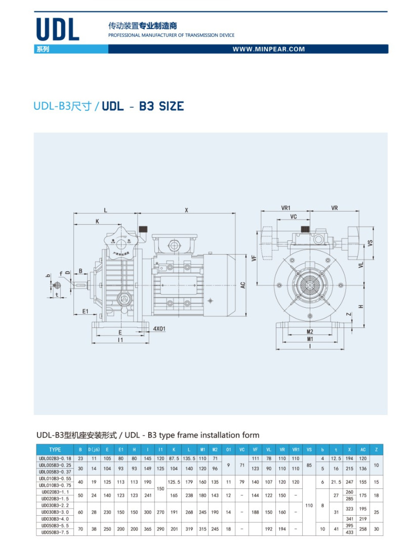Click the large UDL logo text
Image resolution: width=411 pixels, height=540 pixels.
tap(58, 30)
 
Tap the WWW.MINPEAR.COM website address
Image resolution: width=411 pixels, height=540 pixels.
tap(269, 49)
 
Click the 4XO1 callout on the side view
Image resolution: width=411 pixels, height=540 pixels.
tap(159, 328)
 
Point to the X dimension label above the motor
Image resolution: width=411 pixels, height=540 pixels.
tap(186, 210)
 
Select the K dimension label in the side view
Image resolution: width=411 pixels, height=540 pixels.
tap(97, 221)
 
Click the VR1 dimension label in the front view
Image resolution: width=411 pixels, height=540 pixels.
tap(286, 207)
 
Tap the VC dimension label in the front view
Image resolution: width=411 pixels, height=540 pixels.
tap(294, 216)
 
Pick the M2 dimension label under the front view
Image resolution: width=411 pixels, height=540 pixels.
tap(310, 332)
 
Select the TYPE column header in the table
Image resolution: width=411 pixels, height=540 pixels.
tap(55, 449)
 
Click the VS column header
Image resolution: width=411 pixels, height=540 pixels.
tap(309, 449)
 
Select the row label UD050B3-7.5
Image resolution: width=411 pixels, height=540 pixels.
tap(55, 532)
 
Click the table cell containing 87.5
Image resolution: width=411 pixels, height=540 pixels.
tap(174, 458)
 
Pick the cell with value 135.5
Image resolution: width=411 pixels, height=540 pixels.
tap(188, 458)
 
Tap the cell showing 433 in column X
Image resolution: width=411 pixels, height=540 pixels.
tap(349, 532)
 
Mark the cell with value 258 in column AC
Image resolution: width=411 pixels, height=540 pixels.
tap(363, 529)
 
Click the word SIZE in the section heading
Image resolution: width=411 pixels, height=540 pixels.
tap(170, 106)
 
